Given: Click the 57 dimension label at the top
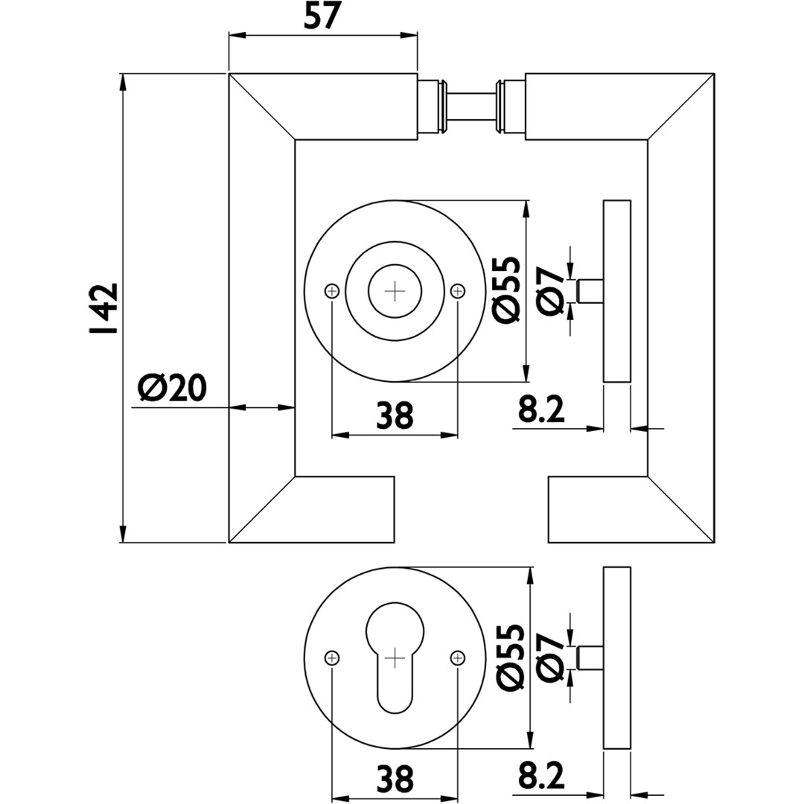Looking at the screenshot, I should coord(322,16).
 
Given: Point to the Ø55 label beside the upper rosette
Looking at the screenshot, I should coord(507,290).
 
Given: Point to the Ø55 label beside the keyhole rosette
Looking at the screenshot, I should coord(507,657).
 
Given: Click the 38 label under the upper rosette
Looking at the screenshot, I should coord(395,415).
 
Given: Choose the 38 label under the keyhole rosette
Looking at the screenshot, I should coord(395,779).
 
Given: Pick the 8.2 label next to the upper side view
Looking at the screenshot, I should coord(542,409).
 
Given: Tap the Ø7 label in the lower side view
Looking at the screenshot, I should coord(552,657).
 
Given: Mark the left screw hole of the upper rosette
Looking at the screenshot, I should coord(332,290).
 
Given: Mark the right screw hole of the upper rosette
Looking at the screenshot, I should coord(458,290).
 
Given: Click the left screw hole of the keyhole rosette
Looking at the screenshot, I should coord(332,657).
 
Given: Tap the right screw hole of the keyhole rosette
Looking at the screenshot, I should coord(458,657).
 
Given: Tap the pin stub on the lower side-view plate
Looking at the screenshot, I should coord(590,657).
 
